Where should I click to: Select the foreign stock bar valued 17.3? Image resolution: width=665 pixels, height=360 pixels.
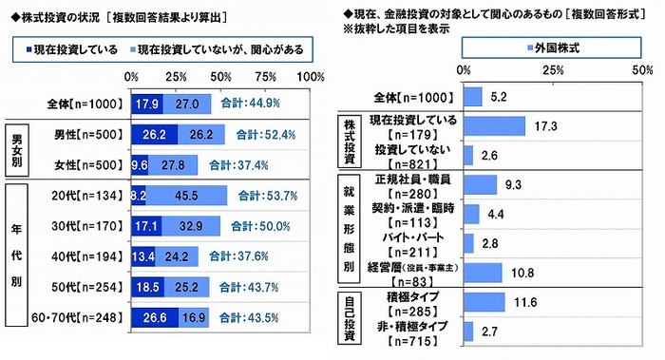pyautogui.click(x=494, y=125)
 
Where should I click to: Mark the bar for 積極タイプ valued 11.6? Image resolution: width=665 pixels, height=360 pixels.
pyautogui.click(x=484, y=302)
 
